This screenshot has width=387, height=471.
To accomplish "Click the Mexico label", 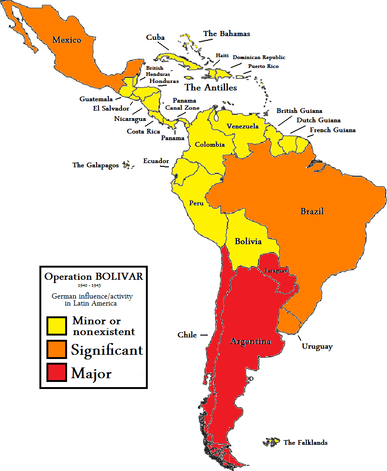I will tap(67, 40).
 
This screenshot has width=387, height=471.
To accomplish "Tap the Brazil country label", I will tap(312, 211).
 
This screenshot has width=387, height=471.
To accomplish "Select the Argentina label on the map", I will tap(250, 341).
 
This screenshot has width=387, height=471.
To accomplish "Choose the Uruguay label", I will tap(317, 347).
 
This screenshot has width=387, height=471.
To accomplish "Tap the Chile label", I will tap(187, 335).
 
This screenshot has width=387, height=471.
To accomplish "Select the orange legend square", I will tap(56, 350).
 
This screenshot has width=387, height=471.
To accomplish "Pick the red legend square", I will tap(56, 373).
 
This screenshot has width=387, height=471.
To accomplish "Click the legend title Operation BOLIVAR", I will tap(93, 277).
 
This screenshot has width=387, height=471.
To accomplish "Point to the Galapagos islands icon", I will tap(125, 164).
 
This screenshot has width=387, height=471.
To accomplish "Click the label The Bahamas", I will tap(227, 34).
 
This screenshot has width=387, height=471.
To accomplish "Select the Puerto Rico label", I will tap(263, 67).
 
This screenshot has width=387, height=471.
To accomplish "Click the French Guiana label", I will tap(333, 130).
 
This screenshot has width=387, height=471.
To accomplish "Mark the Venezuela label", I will tap(243, 126).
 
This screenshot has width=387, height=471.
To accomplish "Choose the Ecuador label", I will tap(156, 161).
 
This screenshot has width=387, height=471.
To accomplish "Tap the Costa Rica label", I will tap(143, 131).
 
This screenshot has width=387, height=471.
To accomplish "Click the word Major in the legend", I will tap(91, 374).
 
